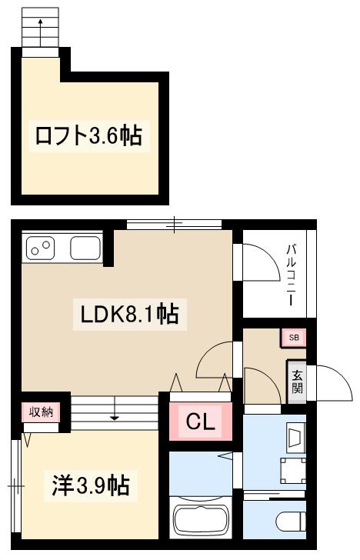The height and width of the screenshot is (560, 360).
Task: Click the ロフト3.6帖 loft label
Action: (x=88, y=136)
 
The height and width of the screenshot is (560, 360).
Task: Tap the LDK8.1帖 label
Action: (x=130, y=314)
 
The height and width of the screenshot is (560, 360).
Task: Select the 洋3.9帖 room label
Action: (x=90, y=485)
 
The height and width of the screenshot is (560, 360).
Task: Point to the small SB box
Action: (x=294, y=337)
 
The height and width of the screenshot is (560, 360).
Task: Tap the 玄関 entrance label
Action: (x=296, y=382)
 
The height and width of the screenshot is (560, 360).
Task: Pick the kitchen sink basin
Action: (x=84, y=248)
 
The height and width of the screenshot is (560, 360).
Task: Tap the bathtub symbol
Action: (x=201, y=521)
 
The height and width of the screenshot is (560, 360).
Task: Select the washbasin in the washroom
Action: (x=295, y=438)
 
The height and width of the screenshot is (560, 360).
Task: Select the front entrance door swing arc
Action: (x=328, y=382)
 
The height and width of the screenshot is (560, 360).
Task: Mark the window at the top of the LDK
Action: (x=175, y=225)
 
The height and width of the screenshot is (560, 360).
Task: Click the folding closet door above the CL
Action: (x=200, y=383)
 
